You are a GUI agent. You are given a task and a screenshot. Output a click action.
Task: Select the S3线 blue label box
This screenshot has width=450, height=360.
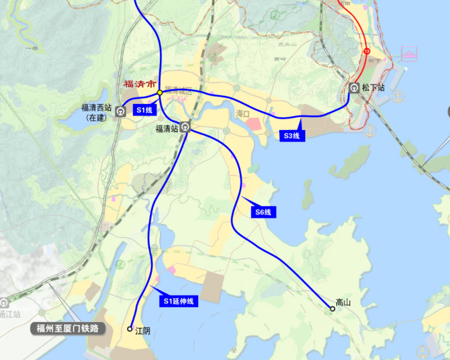pos(291,136)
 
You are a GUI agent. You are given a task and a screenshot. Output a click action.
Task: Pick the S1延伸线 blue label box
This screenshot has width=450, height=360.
pos(179,301)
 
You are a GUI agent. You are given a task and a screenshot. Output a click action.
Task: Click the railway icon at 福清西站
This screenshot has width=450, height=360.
pos(120,111)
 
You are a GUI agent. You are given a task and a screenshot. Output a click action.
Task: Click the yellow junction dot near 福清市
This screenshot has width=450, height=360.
pos(159,92)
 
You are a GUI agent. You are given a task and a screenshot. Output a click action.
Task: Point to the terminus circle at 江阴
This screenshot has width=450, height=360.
pos(130,329)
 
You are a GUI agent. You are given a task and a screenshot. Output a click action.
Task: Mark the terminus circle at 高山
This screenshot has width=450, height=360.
pos(333,309)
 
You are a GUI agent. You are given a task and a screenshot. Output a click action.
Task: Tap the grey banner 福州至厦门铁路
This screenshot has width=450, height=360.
pos(69,328)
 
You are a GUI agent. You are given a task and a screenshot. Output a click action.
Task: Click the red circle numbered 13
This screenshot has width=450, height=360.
pos(367,52)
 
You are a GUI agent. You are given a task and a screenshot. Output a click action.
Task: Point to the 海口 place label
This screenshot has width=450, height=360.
pos(243,113)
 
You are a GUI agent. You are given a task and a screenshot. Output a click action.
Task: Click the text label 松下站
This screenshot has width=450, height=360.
pos(373,88)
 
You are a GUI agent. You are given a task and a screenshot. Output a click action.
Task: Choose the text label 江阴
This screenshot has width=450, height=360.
pos(143,331)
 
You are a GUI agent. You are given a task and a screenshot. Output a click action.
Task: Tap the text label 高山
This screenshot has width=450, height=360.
pos(343,303)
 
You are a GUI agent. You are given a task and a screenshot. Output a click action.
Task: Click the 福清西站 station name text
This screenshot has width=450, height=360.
pos(96,107)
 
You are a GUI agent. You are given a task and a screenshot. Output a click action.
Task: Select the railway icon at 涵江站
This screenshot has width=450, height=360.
pos(4,303)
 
